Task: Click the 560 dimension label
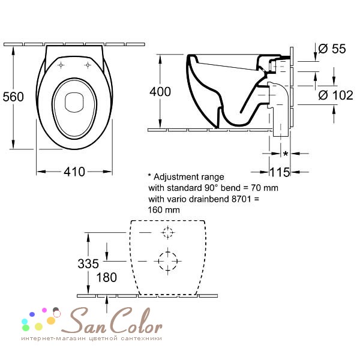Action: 13,97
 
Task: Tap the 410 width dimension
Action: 74,172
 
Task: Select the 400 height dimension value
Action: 160,92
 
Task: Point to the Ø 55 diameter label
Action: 332,49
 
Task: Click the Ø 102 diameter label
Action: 335,95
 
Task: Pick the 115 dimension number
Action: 280,172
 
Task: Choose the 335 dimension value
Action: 88,263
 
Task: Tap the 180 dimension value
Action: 107,277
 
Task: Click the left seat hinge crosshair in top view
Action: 61,65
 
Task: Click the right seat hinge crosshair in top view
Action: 88,65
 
